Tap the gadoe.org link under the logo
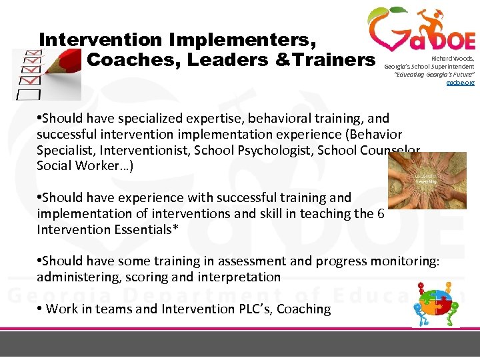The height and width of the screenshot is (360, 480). pos(460,82)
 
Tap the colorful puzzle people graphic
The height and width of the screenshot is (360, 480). pos(436,303)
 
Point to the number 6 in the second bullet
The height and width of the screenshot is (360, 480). pos(380,214)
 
